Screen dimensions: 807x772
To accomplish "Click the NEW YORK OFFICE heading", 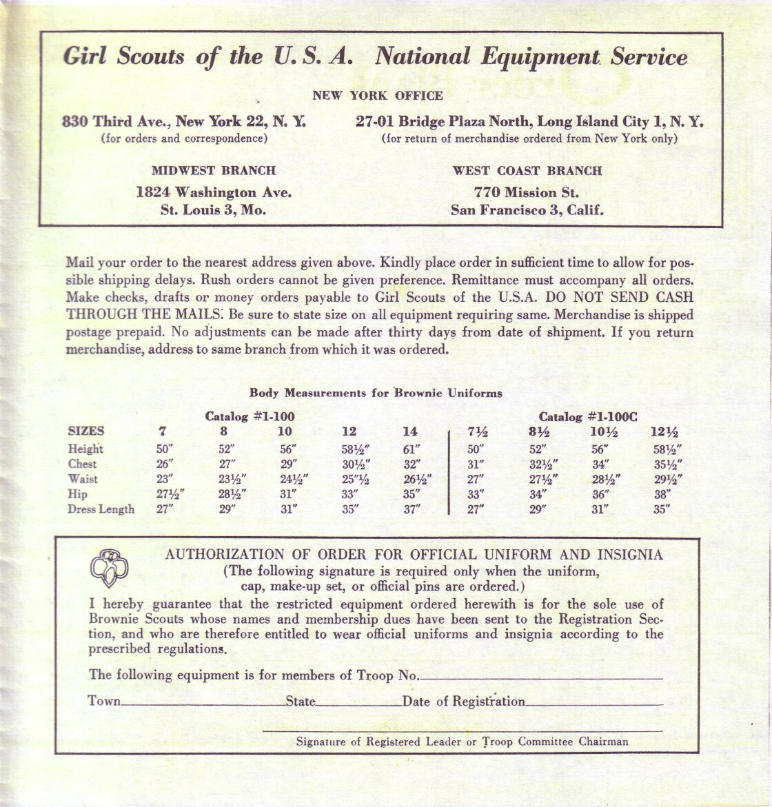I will point(377,96).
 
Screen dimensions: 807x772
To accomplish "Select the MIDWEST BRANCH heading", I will point(214,170).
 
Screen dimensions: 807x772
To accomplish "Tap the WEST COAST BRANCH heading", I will point(527,170).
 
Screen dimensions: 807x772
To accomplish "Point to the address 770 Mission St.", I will point(527,192).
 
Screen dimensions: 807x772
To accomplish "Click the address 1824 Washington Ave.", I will point(214,192).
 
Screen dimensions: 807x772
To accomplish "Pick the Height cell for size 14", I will point(411,449).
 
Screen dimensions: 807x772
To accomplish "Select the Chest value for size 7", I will point(165,464).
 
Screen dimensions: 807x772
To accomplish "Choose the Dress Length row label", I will point(101,509).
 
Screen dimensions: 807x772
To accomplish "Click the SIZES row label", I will point(86,431).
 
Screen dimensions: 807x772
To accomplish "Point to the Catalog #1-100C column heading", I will point(587,417).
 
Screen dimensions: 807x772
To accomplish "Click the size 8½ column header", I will point(538,432).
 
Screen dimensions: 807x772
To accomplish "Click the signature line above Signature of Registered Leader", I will point(462,729).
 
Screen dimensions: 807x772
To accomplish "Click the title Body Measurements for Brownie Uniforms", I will point(376,394).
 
